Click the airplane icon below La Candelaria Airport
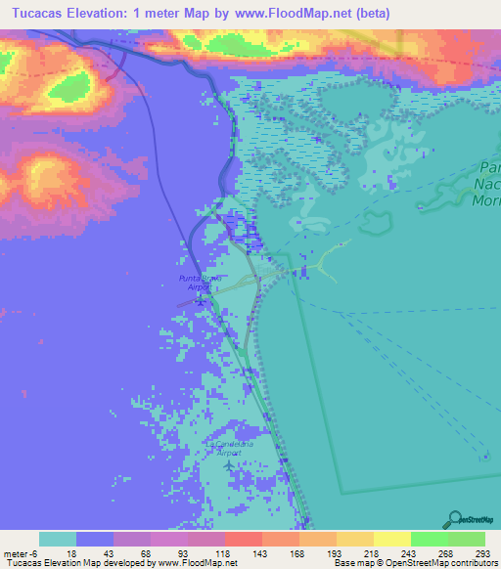point(229,464)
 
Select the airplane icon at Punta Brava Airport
point(200,300)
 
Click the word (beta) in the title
point(372,14)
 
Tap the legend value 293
point(483,552)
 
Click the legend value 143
point(262,552)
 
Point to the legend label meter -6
point(19,552)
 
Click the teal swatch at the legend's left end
point(58,539)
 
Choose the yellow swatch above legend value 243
point(391,539)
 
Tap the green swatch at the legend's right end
point(466,539)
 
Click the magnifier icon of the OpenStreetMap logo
point(453,518)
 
